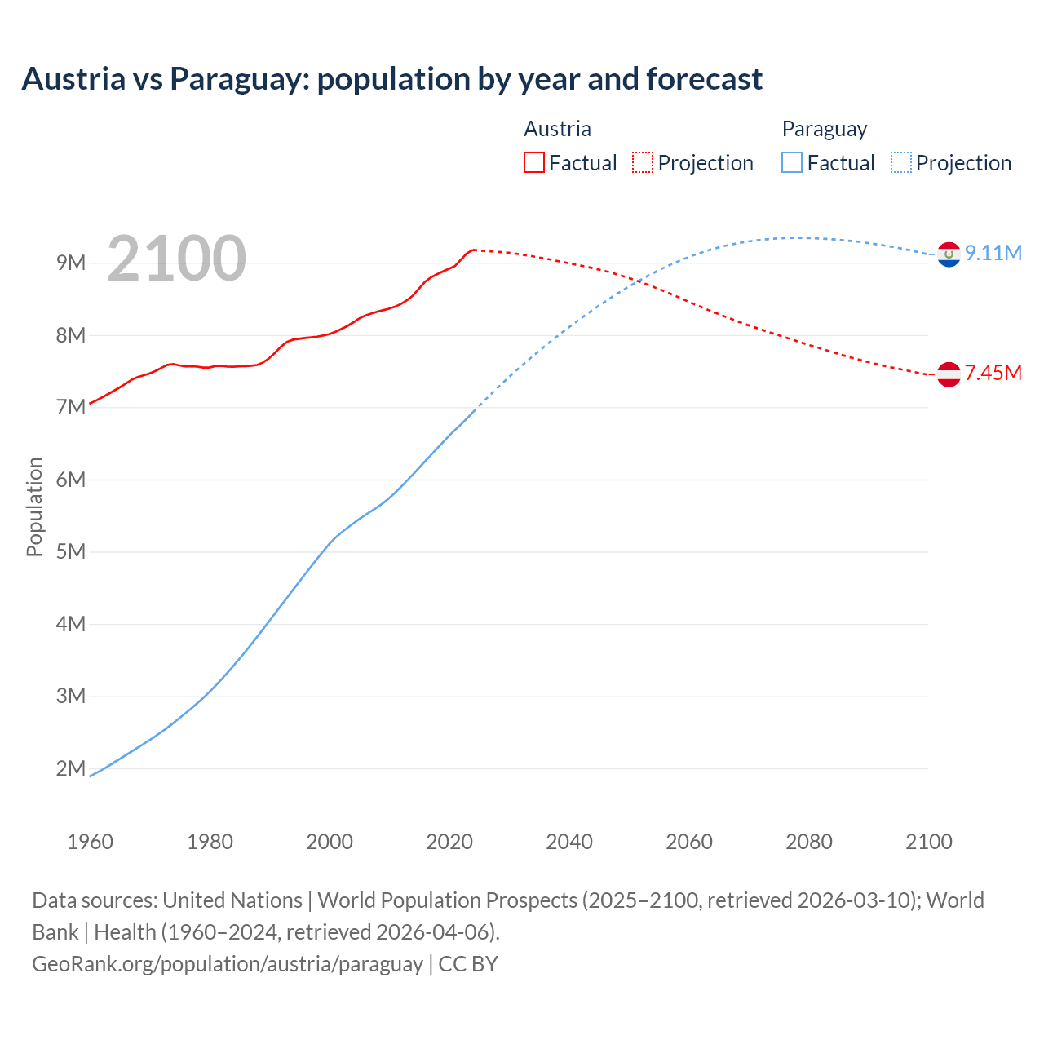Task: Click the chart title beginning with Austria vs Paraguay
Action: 391,79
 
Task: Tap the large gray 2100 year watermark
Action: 176,259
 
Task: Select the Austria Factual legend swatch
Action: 533,163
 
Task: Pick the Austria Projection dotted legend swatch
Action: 643,163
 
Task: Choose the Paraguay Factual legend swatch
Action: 792,163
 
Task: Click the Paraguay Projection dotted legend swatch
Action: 900,163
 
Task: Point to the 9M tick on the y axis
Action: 71,263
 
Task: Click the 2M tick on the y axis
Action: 71,768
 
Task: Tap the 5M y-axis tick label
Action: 71,551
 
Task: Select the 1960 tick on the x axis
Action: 90,842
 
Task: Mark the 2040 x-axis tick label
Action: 569,842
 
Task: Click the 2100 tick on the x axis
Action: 928,842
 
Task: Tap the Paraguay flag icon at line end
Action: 949,254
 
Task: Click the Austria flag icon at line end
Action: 949,374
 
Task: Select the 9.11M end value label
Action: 993,254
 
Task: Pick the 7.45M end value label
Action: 993,374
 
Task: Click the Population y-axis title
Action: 34,507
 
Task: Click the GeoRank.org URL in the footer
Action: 228,964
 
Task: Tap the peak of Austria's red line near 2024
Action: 474,250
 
